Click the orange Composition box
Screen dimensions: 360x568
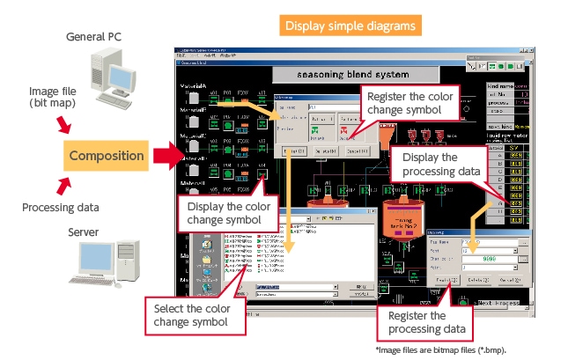(106, 157)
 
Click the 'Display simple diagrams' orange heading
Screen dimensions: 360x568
(349, 26)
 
